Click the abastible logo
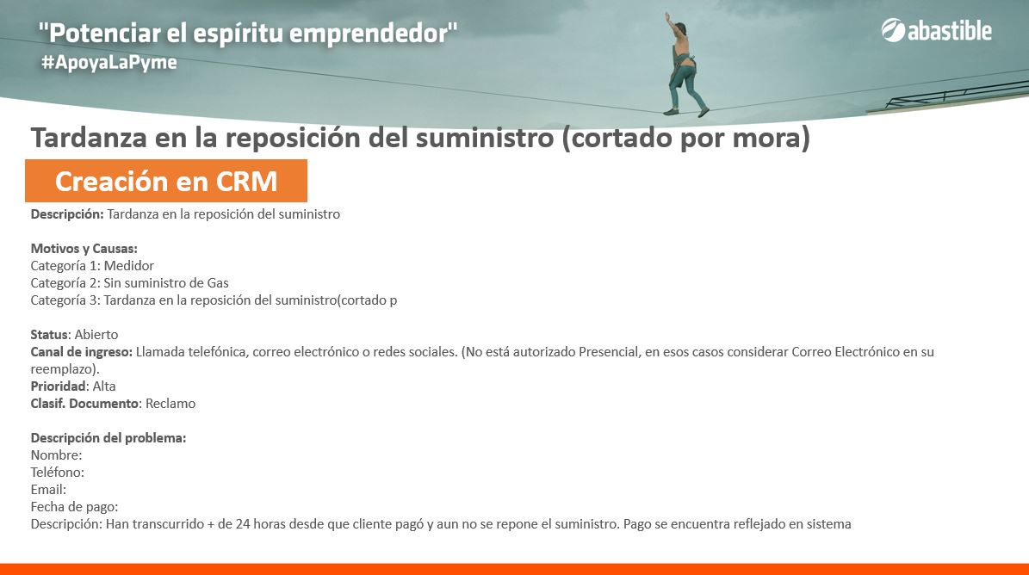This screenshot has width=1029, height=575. [937, 31]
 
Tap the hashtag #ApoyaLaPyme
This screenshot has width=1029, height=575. [109, 63]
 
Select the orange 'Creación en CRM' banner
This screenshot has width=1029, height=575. [166, 181]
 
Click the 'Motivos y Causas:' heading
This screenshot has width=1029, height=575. [84, 249]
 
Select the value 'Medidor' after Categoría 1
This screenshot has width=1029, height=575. [128, 265]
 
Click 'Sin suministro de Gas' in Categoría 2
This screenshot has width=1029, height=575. [166, 283]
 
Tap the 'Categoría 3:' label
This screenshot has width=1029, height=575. [65, 300]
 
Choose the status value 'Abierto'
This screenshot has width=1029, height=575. [96, 334]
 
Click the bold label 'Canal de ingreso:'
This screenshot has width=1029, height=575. [82, 352]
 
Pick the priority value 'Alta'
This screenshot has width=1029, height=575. [103, 386]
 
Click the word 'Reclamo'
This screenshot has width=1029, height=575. [170, 403]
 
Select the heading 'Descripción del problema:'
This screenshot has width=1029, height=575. [108, 438]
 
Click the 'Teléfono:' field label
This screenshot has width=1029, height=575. [58, 472]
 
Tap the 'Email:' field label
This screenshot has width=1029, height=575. [48, 490]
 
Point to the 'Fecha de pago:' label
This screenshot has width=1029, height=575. [74, 507]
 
